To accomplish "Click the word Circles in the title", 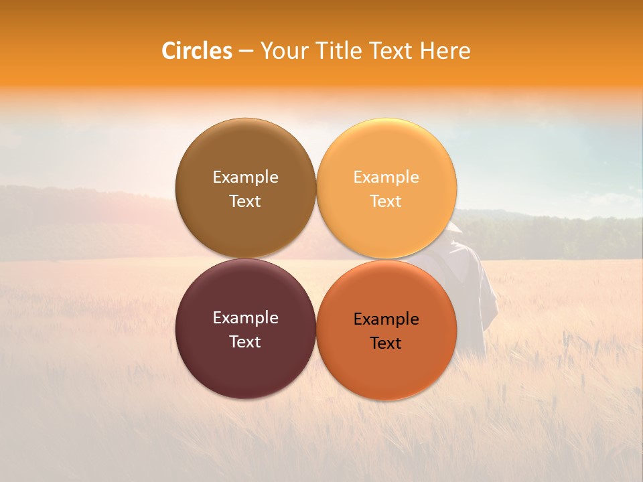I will tap(197, 51).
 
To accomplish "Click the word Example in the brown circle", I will tap(245, 177).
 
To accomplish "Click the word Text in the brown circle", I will tap(245, 201).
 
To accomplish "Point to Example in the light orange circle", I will tap(386, 177).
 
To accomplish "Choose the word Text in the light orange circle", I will tap(386, 201).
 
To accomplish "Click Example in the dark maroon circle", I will tap(245, 317).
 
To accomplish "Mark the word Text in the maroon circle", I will tap(245, 341).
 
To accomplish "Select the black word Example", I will tap(386, 319).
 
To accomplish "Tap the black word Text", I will tap(386, 343).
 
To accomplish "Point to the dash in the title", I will tap(246, 52).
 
